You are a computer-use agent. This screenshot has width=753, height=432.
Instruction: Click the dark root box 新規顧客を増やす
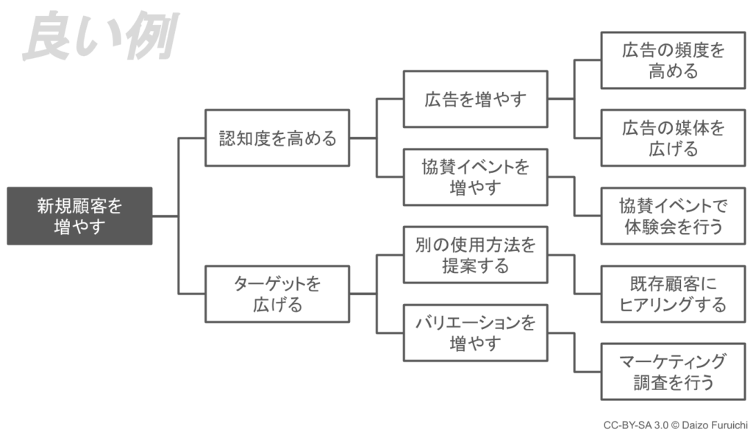79,216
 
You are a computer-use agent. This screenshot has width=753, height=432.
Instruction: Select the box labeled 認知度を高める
277,138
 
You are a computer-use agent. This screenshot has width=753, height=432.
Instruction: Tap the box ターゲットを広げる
277,294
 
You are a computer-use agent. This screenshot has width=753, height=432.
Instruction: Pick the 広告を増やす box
475,99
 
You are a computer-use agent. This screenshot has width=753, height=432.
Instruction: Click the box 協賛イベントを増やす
475,177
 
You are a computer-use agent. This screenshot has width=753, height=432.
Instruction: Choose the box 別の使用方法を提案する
475,255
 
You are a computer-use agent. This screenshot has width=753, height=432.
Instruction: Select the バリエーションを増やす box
475,333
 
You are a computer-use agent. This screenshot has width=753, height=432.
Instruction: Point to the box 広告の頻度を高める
673,60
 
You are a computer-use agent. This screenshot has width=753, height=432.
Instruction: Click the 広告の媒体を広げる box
673,138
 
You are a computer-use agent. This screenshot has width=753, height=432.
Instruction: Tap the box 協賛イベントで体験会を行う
673,216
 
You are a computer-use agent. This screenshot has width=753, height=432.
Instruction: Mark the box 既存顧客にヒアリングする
673,294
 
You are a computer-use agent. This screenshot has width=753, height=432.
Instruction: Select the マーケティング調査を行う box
673,372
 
